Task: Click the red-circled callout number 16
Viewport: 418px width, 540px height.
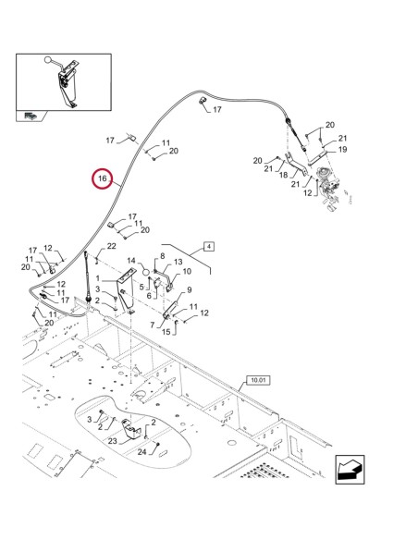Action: click(x=103, y=178)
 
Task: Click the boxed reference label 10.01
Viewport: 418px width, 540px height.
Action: click(x=258, y=380)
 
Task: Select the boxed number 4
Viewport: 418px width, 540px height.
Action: click(x=209, y=247)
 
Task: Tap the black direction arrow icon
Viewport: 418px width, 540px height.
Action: click(x=350, y=470)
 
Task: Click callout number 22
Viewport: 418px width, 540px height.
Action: click(x=111, y=246)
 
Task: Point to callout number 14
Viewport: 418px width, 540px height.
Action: click(x=131, y=261)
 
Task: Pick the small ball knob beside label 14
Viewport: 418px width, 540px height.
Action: click(x=146, y=272)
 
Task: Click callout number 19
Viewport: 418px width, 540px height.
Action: click(x=342, y=150)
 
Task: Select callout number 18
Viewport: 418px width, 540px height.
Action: click(x=283, y=175)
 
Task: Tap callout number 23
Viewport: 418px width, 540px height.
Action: click(x=113, y=441)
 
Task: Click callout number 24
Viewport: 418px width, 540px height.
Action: click(x=142, y=452)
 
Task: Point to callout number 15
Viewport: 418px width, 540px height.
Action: click(x=166, y=332)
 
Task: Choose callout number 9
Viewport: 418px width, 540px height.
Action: click(x=190, y=290)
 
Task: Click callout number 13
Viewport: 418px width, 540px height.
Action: click(x=178, y=262)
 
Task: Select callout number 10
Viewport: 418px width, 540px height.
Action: click(x=187, y=271)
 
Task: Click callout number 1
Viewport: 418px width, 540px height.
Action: click(x=98, y=278)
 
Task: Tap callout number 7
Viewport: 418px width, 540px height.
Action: click(x=153, y=325)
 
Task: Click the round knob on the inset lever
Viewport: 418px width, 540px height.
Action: click(x=48, y=59)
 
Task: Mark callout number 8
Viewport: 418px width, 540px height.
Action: click(x=163, y=256)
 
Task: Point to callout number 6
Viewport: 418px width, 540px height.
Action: click(x=149, y=296)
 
